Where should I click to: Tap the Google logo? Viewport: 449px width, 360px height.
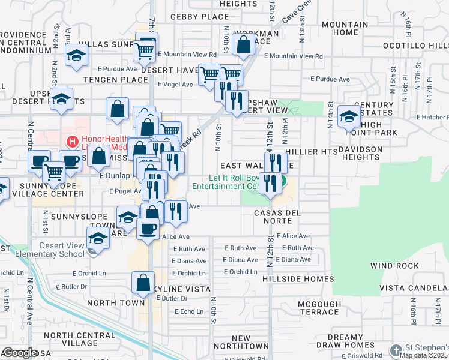20,353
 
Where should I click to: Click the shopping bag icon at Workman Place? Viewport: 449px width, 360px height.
243,44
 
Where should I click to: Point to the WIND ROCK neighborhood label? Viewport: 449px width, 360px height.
394,265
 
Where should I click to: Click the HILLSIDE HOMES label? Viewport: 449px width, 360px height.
298,279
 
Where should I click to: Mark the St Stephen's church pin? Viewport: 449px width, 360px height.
396,349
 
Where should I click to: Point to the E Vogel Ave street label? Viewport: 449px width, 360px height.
175,85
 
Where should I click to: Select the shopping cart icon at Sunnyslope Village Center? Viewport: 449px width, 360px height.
55,173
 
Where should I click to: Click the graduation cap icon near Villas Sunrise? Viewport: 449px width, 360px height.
77,55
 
